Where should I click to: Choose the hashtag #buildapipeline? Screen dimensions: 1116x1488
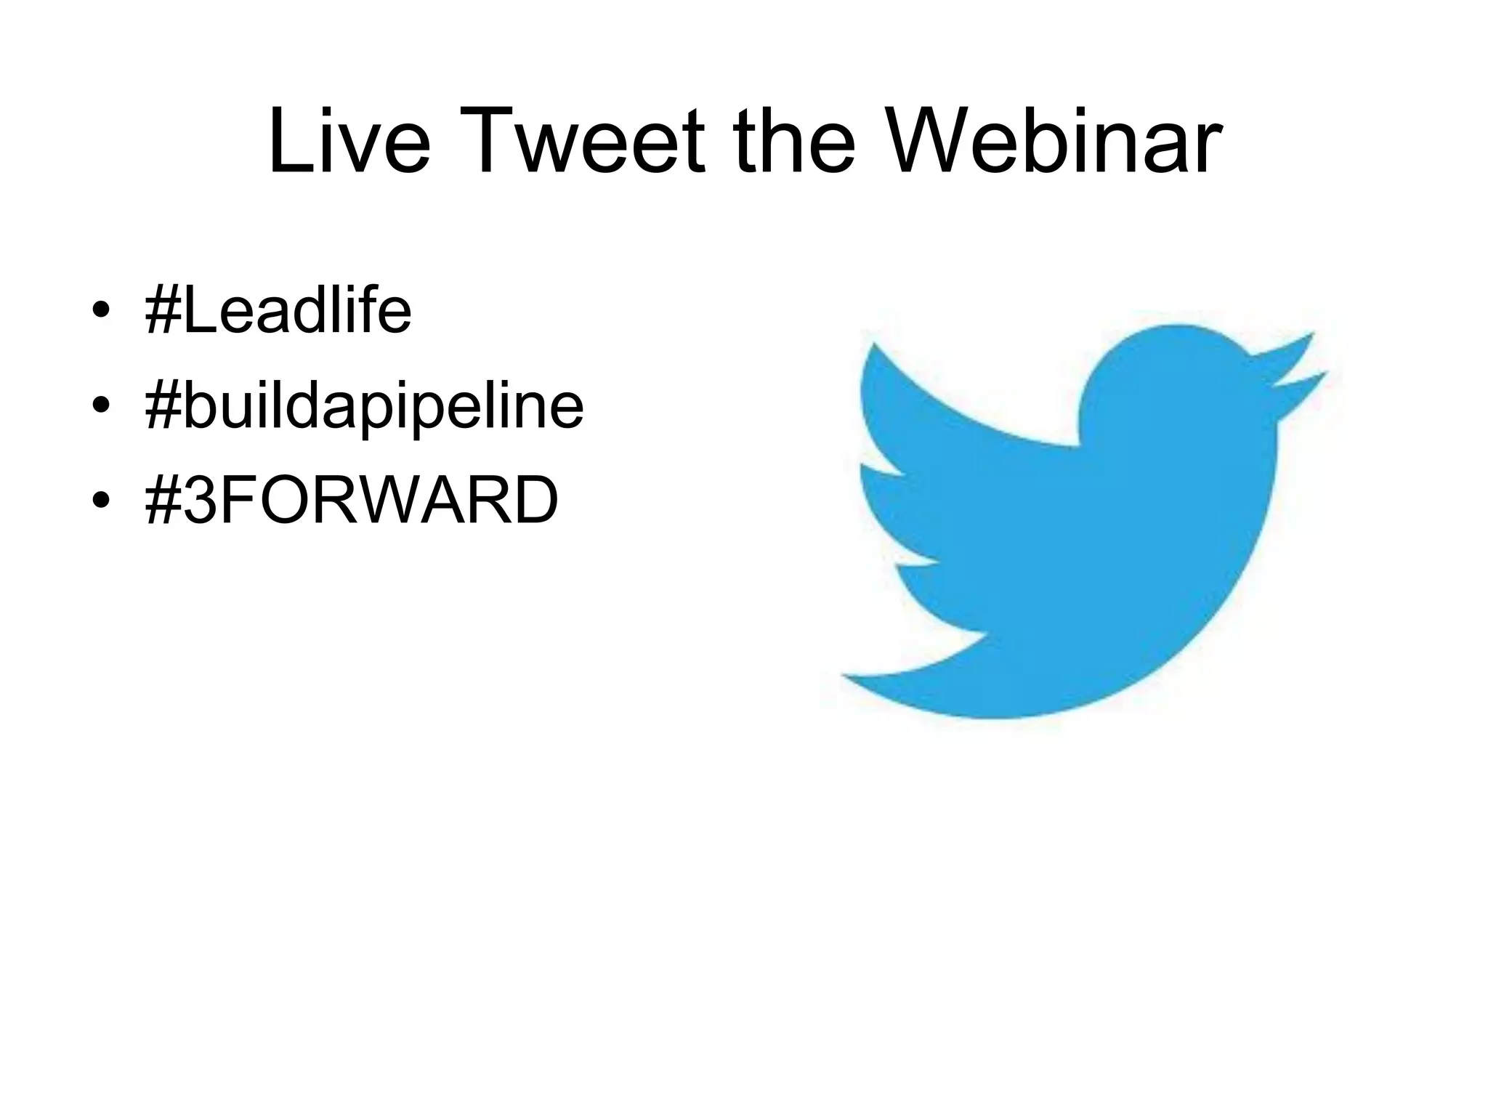(364, 407)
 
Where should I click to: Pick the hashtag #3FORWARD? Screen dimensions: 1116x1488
(352, 500)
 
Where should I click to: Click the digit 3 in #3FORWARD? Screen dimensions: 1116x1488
(203, 500)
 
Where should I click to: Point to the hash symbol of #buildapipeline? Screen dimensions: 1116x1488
(161, 407)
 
